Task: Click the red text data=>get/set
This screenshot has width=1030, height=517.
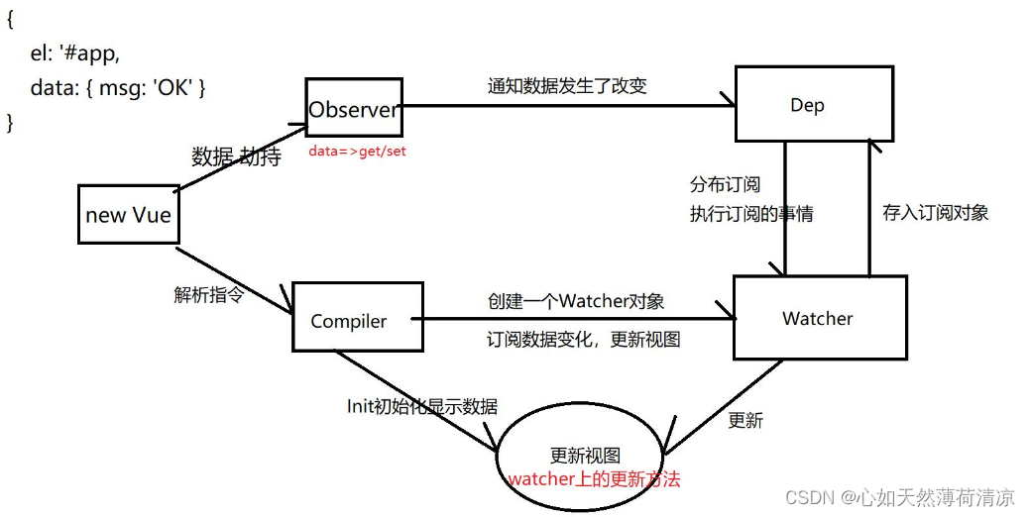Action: pyautogui.click(x=357, y=151)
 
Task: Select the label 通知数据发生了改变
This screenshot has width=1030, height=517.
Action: pyautogui.click(x=568, y=86)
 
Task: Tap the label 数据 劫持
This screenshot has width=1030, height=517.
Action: pyautogui.click(x=237, y=156)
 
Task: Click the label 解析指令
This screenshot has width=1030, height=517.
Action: pyautogui.click(x=209, y=294)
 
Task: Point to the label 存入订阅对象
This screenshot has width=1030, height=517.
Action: pyautogui.click(x=936, y=213)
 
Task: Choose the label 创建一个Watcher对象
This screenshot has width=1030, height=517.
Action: pyautogui.click(x=576, y=301)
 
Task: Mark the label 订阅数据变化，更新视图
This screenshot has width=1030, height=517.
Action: pyautogui.click(x=583, y=339)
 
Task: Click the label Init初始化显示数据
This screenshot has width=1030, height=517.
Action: pyautogui.click(x=421, y=406)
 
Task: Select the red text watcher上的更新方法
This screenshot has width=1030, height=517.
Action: pyautogui.click(x=594, y=479)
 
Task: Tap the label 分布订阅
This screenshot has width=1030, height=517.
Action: pyautogui.click(x=726, y=184)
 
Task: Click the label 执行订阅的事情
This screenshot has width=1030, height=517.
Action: pyautogui.click(x=751, y=213)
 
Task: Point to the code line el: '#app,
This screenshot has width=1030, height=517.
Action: pyautogui.click(x=75, y=52)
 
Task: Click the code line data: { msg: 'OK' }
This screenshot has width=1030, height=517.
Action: pyautogui.click(x=118, y=87)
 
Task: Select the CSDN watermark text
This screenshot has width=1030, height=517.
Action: pyautogui.click(x=900, y=497)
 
